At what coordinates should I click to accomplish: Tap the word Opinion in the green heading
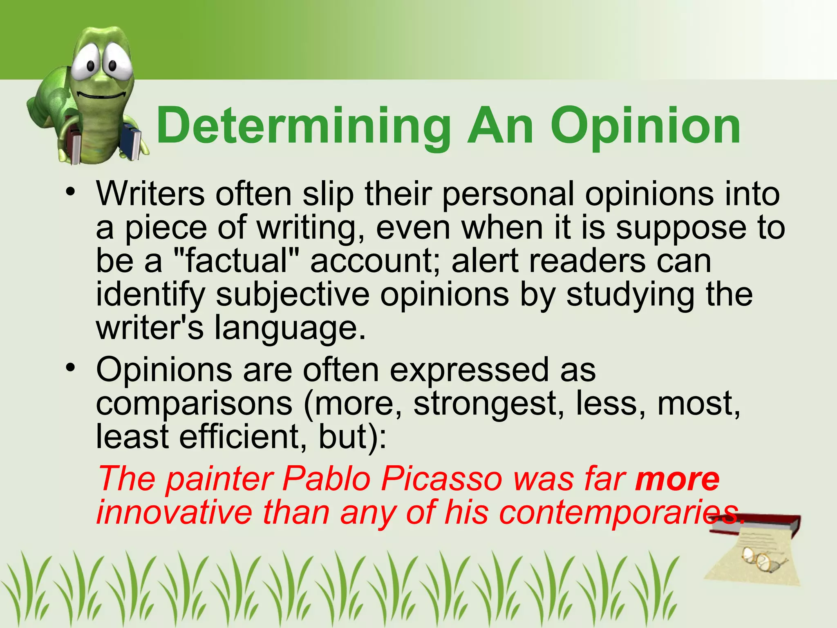click(x=646, y=126)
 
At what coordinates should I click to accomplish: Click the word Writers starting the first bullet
click(x=150, y=194)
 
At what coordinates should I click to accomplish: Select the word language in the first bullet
click(x=289, y=329)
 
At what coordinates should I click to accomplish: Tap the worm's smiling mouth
click(x=101, y=96)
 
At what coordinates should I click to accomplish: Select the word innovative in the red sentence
click(x=174, y=513)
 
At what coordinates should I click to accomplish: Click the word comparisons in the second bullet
click(x=194, y=403)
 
